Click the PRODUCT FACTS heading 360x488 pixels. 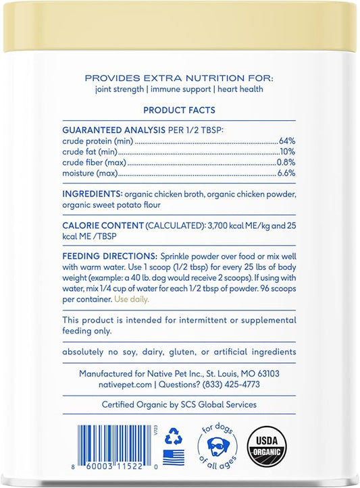(x=180, y=111)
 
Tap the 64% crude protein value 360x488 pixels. (x=287, y=141)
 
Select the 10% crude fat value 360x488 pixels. (x=288, y=153)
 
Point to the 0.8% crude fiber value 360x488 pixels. (x=286, y=164)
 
